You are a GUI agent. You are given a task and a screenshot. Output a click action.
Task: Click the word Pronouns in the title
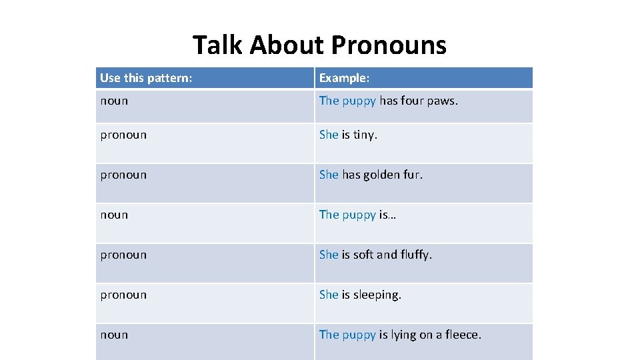click(x=389, y=45)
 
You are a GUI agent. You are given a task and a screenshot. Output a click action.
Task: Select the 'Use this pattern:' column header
click(x=146, y=78)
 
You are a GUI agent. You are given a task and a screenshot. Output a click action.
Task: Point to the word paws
click(x=443, y=101)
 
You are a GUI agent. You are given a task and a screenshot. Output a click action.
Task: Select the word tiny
click(x=365, y=135)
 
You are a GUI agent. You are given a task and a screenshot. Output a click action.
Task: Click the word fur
click(x=413, y=175)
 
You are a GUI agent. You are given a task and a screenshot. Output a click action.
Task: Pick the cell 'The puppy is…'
click(x=357, y=215)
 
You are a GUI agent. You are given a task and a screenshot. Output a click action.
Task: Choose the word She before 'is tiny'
click(x=329, y=135)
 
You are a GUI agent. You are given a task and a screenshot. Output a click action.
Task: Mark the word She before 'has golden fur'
click(x=329, y=175)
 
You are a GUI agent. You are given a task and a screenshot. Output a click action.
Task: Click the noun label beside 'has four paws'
click(x=114, y=101)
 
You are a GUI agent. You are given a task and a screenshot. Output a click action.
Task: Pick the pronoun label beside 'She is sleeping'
click(x=123, y=295)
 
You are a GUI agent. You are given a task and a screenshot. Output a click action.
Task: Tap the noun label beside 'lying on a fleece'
click(x=114, y=335)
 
